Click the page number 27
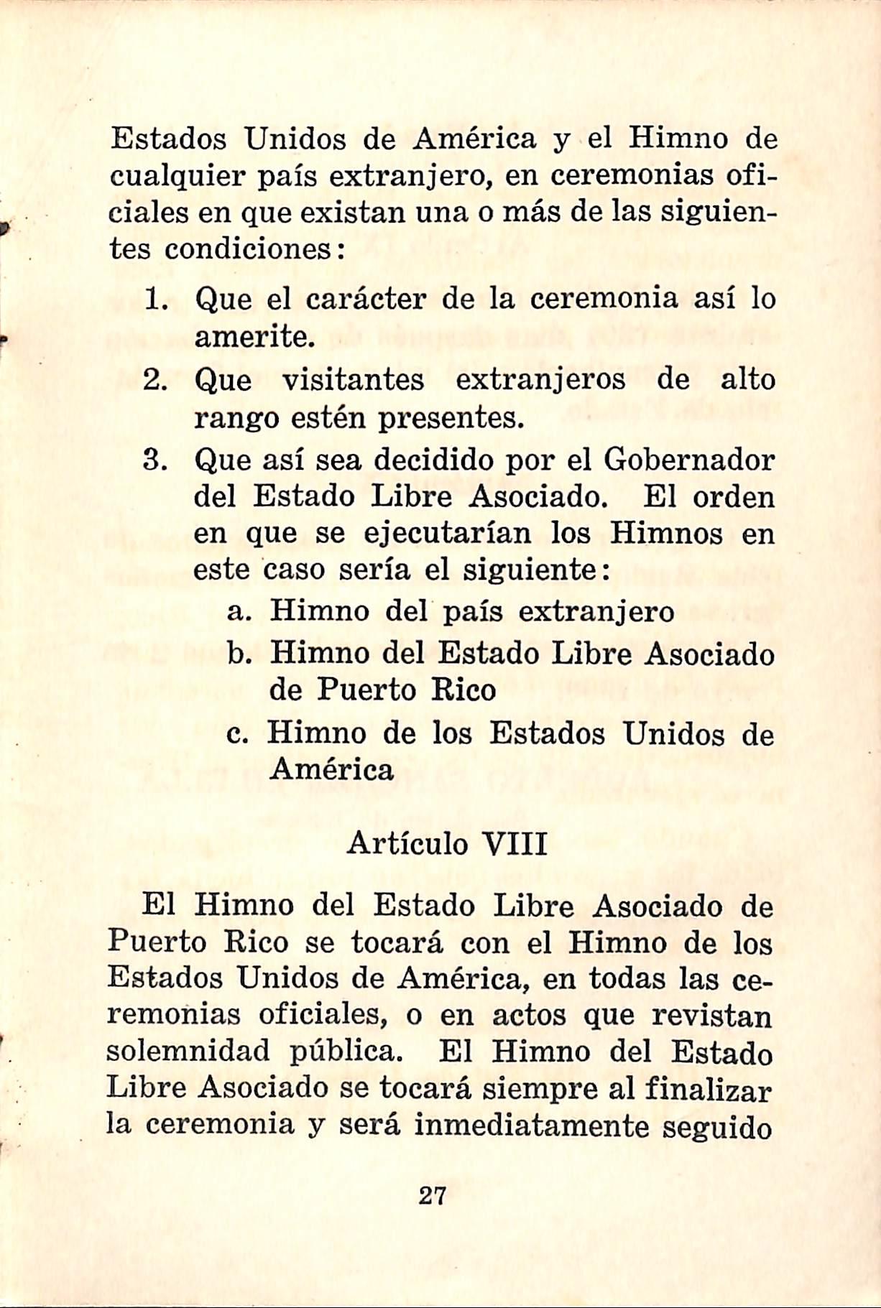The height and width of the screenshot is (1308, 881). [432, 1196]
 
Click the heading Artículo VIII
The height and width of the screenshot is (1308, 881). [447, 843]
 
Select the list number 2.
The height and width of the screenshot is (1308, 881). [155, 380]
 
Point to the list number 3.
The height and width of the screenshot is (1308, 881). [155, 460]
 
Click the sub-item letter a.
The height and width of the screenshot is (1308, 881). [237, 613]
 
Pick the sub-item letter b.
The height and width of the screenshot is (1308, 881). [237, 654]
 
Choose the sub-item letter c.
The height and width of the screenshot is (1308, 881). [236, 735]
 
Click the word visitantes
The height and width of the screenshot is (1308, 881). [353, 380]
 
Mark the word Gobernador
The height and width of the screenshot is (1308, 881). [689, 460]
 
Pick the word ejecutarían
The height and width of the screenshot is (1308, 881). [448, 534]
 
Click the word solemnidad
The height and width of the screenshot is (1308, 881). [189, 1052]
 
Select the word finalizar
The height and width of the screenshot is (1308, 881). [708, 1089]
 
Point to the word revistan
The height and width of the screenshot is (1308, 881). [711, 1016]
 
